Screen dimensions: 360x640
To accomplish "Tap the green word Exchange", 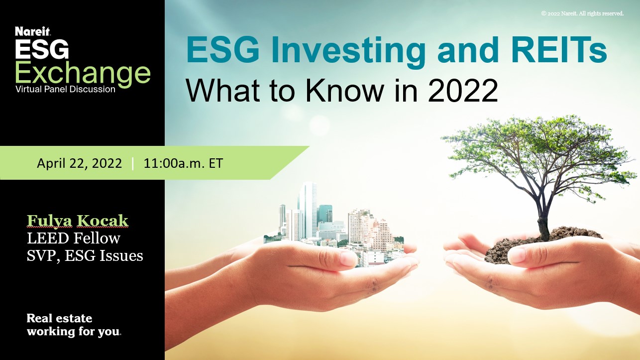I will (x=83, y=73).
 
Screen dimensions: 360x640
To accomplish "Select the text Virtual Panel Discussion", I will (x=65, y=90).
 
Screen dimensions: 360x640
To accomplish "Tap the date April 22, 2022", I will (x=79, y=163).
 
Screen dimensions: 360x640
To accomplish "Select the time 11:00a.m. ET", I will (x=183, y=163).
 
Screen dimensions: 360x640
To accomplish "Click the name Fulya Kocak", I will (x=77, y=221).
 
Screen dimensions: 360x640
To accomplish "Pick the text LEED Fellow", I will (x=74, y=238).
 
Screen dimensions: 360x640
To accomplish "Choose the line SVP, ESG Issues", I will (x=85, y=256).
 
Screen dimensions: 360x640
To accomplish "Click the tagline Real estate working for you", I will (x=74, y=325).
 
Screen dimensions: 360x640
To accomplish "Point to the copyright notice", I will (x=582, y=13).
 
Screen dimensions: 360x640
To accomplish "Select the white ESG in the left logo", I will (x=42, y=50).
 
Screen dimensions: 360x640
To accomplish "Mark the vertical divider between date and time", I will (x=133, y=163).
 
